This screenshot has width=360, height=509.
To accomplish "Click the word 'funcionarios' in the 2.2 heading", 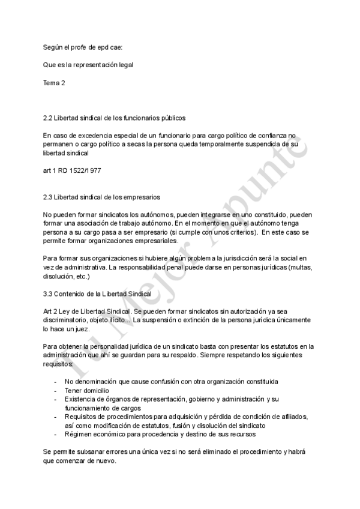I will (x=133, y=118).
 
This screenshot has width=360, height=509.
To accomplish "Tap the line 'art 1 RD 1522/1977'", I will (x=72, y=170).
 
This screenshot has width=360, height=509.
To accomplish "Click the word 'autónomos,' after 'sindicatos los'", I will (x=128, y=214).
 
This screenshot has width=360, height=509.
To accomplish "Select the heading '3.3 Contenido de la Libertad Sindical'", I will (x=97, y=294).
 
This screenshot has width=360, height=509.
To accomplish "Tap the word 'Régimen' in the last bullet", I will (x=79, y=433).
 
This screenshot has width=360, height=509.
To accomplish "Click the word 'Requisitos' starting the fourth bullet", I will (x=83, y=416).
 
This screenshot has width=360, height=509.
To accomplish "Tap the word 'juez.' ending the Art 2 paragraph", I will (x=82, y=329).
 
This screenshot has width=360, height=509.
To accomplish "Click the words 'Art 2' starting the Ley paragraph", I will (x=51, y=312).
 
